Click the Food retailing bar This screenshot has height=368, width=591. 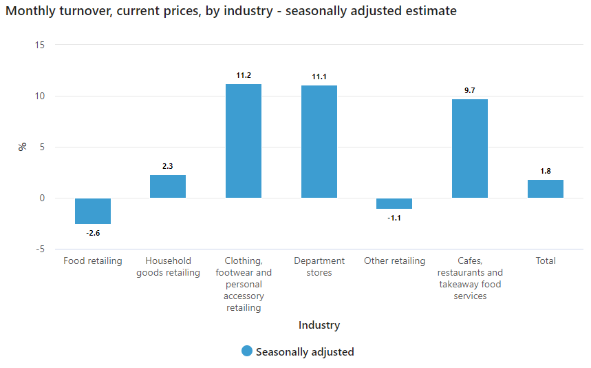[93, 211]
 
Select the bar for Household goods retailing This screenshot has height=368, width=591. [168, 187]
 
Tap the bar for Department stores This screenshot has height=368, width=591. [319, 141]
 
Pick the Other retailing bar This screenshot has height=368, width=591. [394, 203]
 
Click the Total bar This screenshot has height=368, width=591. [546, 189]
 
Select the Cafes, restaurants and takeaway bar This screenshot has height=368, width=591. [470, 149]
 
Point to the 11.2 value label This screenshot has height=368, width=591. [244, 75]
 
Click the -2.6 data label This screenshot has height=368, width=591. [93, 234]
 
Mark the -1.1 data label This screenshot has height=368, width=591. [394, 218]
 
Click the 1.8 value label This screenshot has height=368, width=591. [546, 171]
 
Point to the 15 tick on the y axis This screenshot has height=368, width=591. [39, 45]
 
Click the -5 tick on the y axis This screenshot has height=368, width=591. [39, 249]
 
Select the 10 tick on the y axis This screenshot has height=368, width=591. [39, 96]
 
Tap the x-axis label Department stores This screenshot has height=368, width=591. [319, 267]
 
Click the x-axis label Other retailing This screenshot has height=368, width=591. [394, 261]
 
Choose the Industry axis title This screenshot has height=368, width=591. [319, 325]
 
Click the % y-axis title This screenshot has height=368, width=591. [23, 147]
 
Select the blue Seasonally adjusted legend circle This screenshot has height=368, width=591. [247, 351]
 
